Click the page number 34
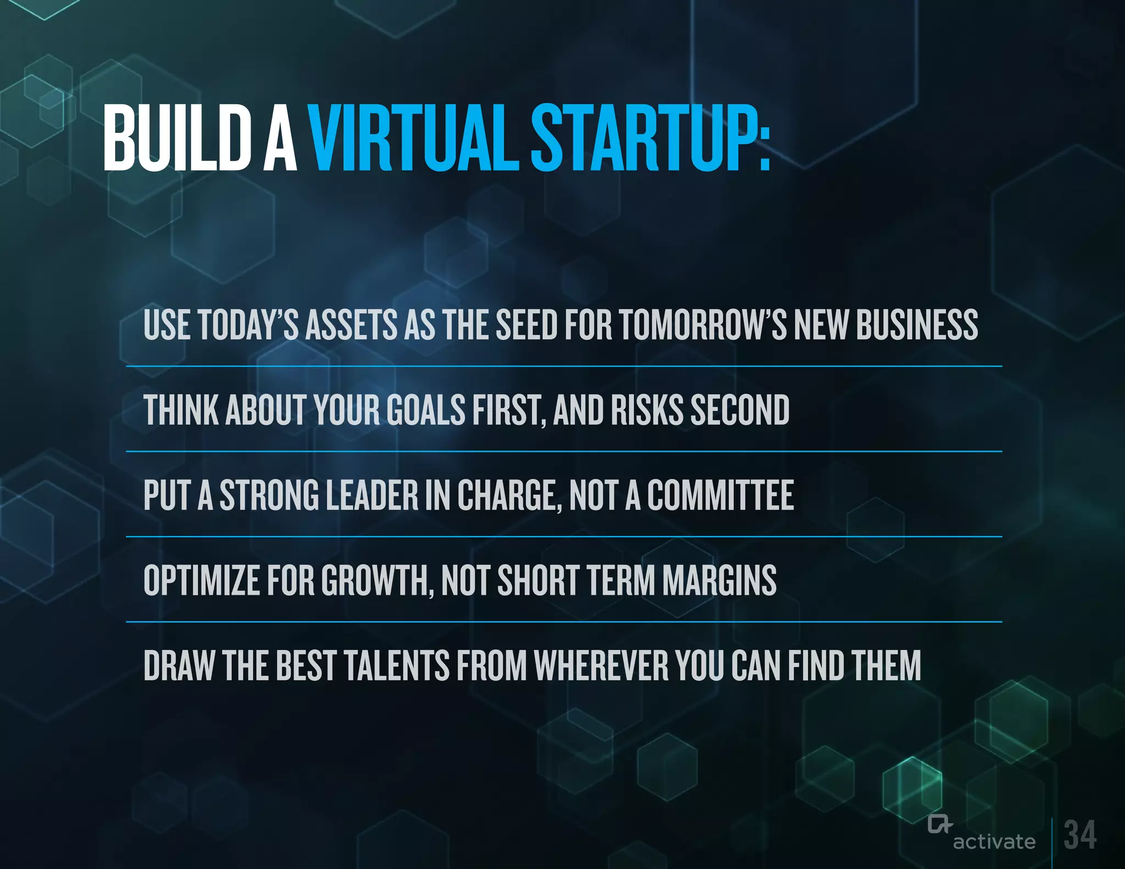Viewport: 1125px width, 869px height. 1080,835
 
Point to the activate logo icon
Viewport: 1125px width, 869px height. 939,825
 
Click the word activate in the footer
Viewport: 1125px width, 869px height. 994,842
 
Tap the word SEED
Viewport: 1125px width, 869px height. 527,325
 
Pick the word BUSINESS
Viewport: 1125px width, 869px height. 917,325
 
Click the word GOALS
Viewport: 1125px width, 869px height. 426,410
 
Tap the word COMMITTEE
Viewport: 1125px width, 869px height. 720,495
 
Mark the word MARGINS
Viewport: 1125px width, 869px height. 719,581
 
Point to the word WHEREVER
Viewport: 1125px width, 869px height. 602,666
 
